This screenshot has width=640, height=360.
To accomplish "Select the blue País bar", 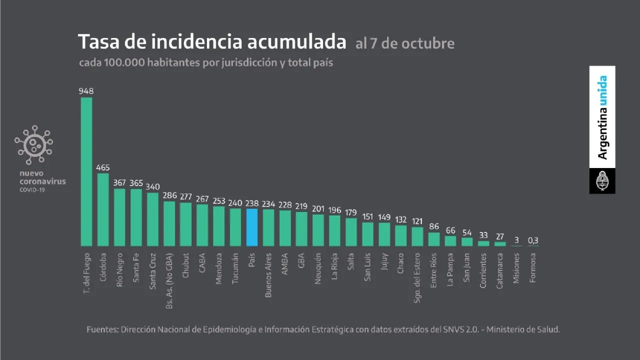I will [252, 227].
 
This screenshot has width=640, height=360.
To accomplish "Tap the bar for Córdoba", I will [103, 209].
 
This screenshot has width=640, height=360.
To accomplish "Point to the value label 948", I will [86, 91].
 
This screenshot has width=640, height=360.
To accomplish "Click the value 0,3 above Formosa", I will [533, 240].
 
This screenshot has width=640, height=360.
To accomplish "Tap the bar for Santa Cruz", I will [152, 219].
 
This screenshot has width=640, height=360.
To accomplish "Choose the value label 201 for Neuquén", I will [318, 208].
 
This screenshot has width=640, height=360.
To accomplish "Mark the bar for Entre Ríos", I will [434, 239].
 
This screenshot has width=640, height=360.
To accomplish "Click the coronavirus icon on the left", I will [33, 144].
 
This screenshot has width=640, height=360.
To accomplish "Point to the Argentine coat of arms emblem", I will [602, 181].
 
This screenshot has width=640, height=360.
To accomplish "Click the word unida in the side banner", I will [603, 90].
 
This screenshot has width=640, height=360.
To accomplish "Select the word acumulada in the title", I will [296, 42].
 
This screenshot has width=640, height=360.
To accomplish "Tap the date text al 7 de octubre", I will [405, 43].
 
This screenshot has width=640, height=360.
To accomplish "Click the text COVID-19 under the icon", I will [31, 189].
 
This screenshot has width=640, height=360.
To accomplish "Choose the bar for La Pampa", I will [450, 241].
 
